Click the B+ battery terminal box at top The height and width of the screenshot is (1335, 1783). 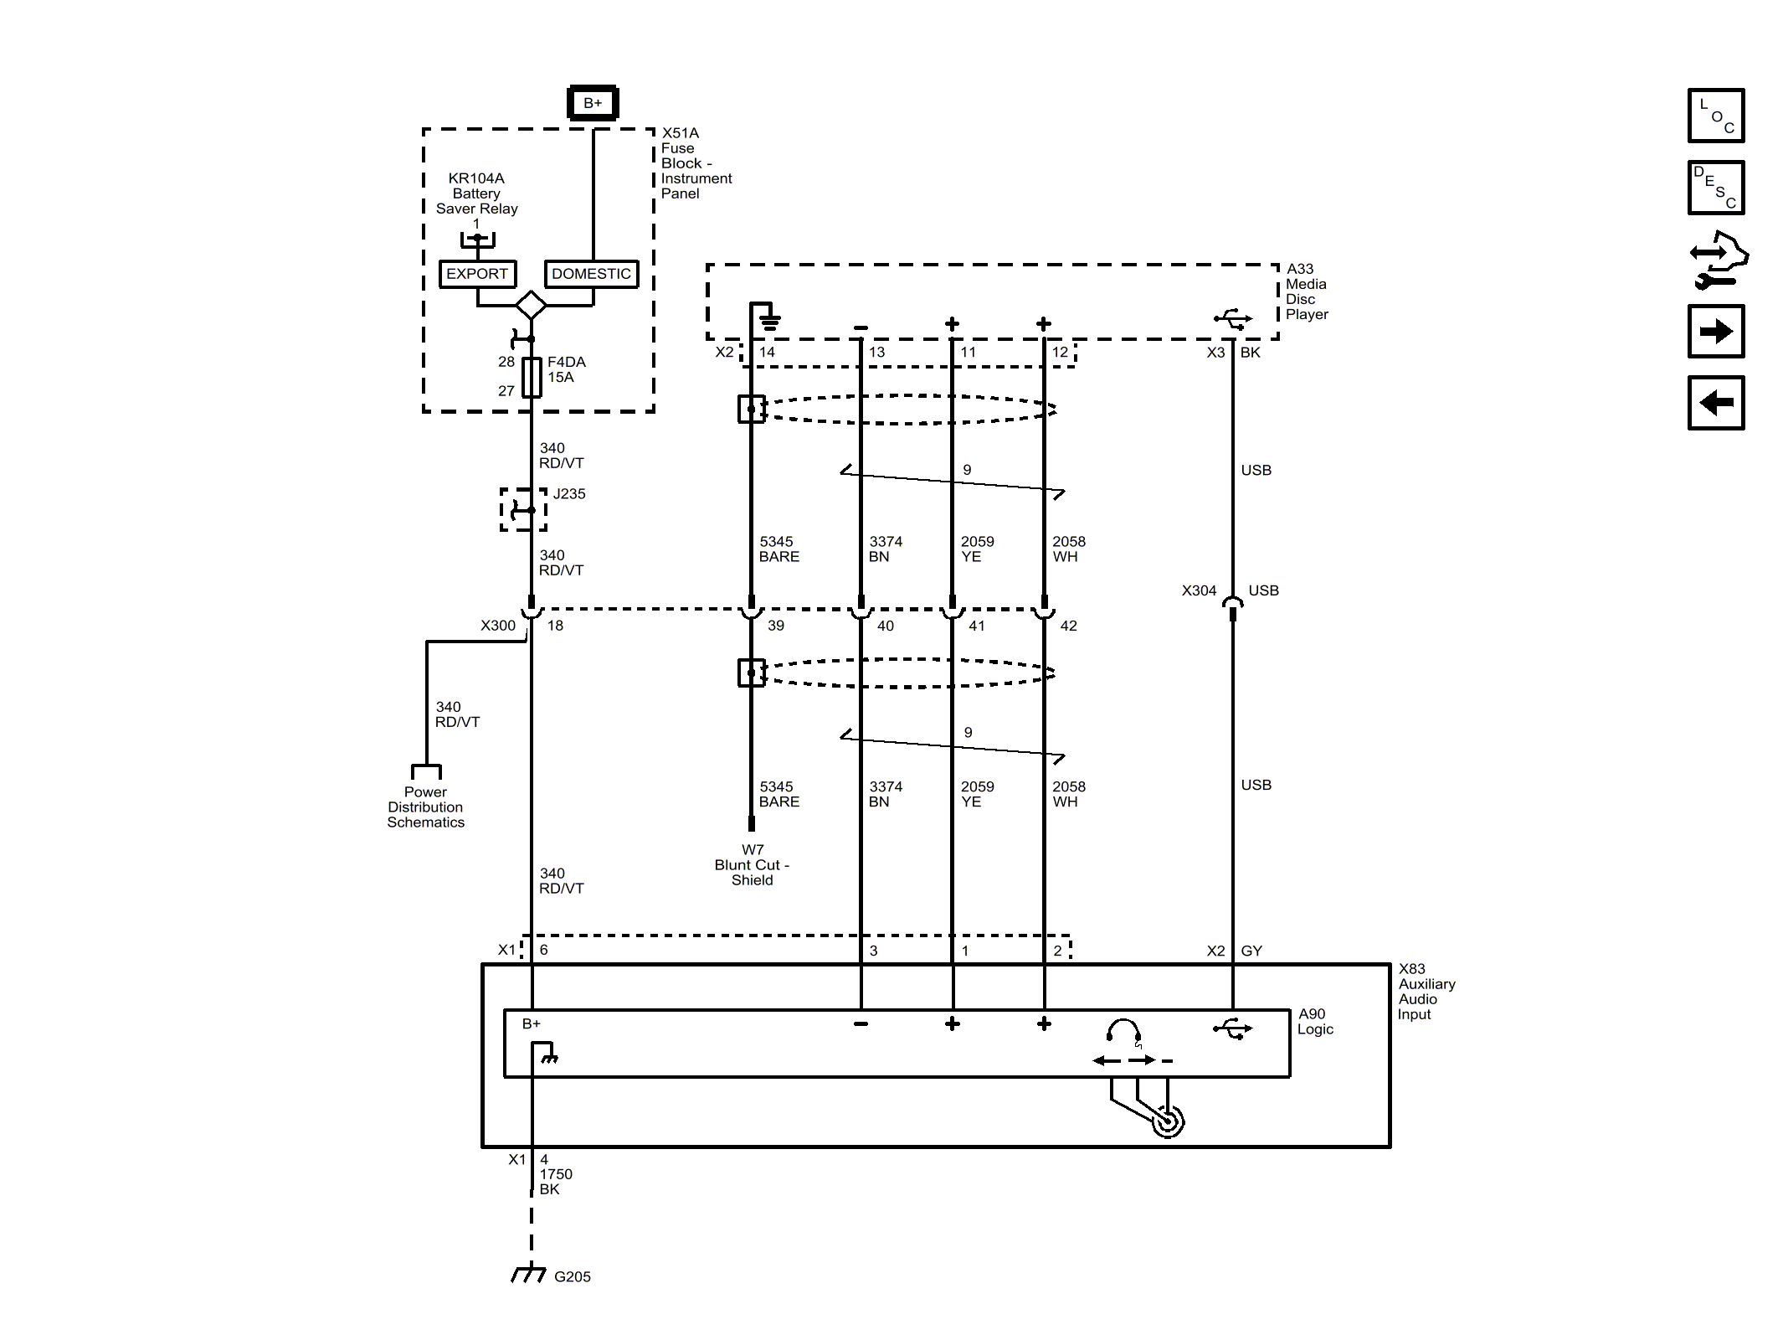coord(593,103)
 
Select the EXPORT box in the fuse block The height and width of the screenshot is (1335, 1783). coord(477,274)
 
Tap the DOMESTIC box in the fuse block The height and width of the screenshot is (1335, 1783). coord(591,274)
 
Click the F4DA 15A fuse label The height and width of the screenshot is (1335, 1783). coord(566,369)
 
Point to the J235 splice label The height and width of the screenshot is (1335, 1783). coord(569,494)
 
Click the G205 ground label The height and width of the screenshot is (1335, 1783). coord(573,1276)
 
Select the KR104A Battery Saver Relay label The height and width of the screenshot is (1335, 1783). coord(476,193)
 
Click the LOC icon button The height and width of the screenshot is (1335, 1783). coord(1716,116)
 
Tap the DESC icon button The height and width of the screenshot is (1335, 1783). coord(1716,188)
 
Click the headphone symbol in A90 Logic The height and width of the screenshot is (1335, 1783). coord(1123,1033)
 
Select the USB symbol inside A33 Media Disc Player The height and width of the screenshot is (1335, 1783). coord(1232,319)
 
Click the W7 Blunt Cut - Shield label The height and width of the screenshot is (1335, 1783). coord(752,864)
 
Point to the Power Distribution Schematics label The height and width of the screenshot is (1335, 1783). coord(425,807)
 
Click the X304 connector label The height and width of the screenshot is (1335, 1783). coord(1199,590)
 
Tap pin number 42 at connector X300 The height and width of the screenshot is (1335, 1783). coord(1068,626)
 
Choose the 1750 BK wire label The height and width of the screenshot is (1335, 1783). coord(555,1182)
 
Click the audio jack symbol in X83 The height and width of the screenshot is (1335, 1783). coord(1167,1121)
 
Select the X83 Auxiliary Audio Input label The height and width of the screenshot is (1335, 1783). coord(1426,992)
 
